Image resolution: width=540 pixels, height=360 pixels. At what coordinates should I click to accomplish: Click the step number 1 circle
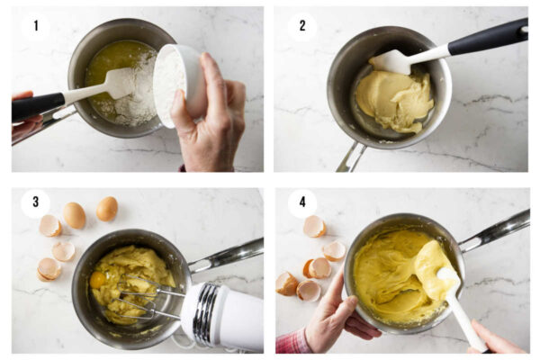click(36, 26)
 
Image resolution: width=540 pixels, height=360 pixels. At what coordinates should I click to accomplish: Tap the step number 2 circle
click(302, 26)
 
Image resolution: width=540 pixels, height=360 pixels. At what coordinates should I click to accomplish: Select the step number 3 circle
click(36, 202)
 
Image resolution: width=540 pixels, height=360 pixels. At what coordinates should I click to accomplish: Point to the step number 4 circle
click(302, 202)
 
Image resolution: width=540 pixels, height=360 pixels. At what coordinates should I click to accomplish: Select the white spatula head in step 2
click(394, 61)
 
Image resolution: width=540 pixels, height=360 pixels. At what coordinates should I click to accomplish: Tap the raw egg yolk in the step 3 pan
click(98, 280)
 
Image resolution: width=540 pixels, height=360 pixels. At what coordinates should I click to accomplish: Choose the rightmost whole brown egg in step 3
click(107, 209)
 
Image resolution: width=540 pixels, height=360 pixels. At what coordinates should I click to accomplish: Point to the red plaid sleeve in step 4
click(292, 342)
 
